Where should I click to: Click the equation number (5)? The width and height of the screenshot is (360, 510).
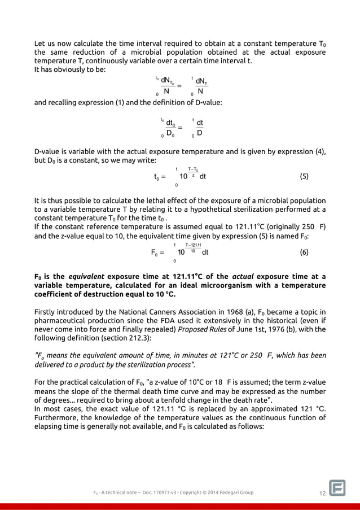click(x=304, y=176)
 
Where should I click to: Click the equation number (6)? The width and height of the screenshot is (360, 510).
click(x=304, y=252)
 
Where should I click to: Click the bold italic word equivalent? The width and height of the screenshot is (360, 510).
click(x=85, y=277)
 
